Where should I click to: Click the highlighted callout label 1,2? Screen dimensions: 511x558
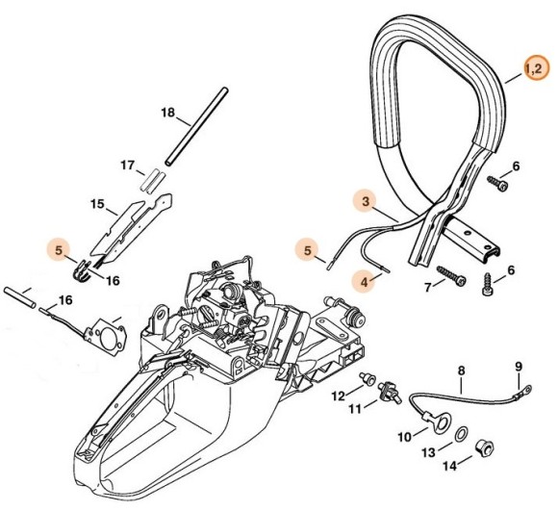coord(534,67)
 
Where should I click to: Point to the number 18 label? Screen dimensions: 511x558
coord(167,113)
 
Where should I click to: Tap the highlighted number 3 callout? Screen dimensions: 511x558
coord(365,200)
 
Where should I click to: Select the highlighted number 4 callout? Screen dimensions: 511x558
coord(365,282)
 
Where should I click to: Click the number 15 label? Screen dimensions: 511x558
coord(96,204)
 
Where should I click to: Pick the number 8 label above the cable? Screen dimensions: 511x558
coord(461,370)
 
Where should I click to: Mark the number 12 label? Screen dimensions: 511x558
coord(337,395)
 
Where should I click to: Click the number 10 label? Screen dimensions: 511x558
coord(404,436)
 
